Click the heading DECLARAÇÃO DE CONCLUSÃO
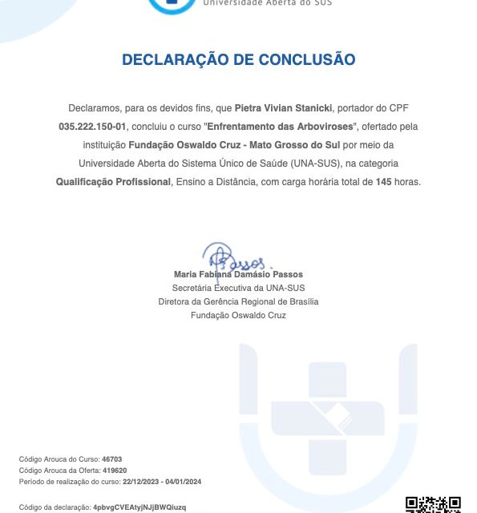pos(238,59)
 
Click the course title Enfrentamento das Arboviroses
pos(277,127)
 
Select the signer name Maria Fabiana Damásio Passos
pos(237,274)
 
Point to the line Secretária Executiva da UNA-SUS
pos(238,288)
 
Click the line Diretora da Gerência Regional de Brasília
pos(238,301)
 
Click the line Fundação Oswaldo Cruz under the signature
pos(238,315)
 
